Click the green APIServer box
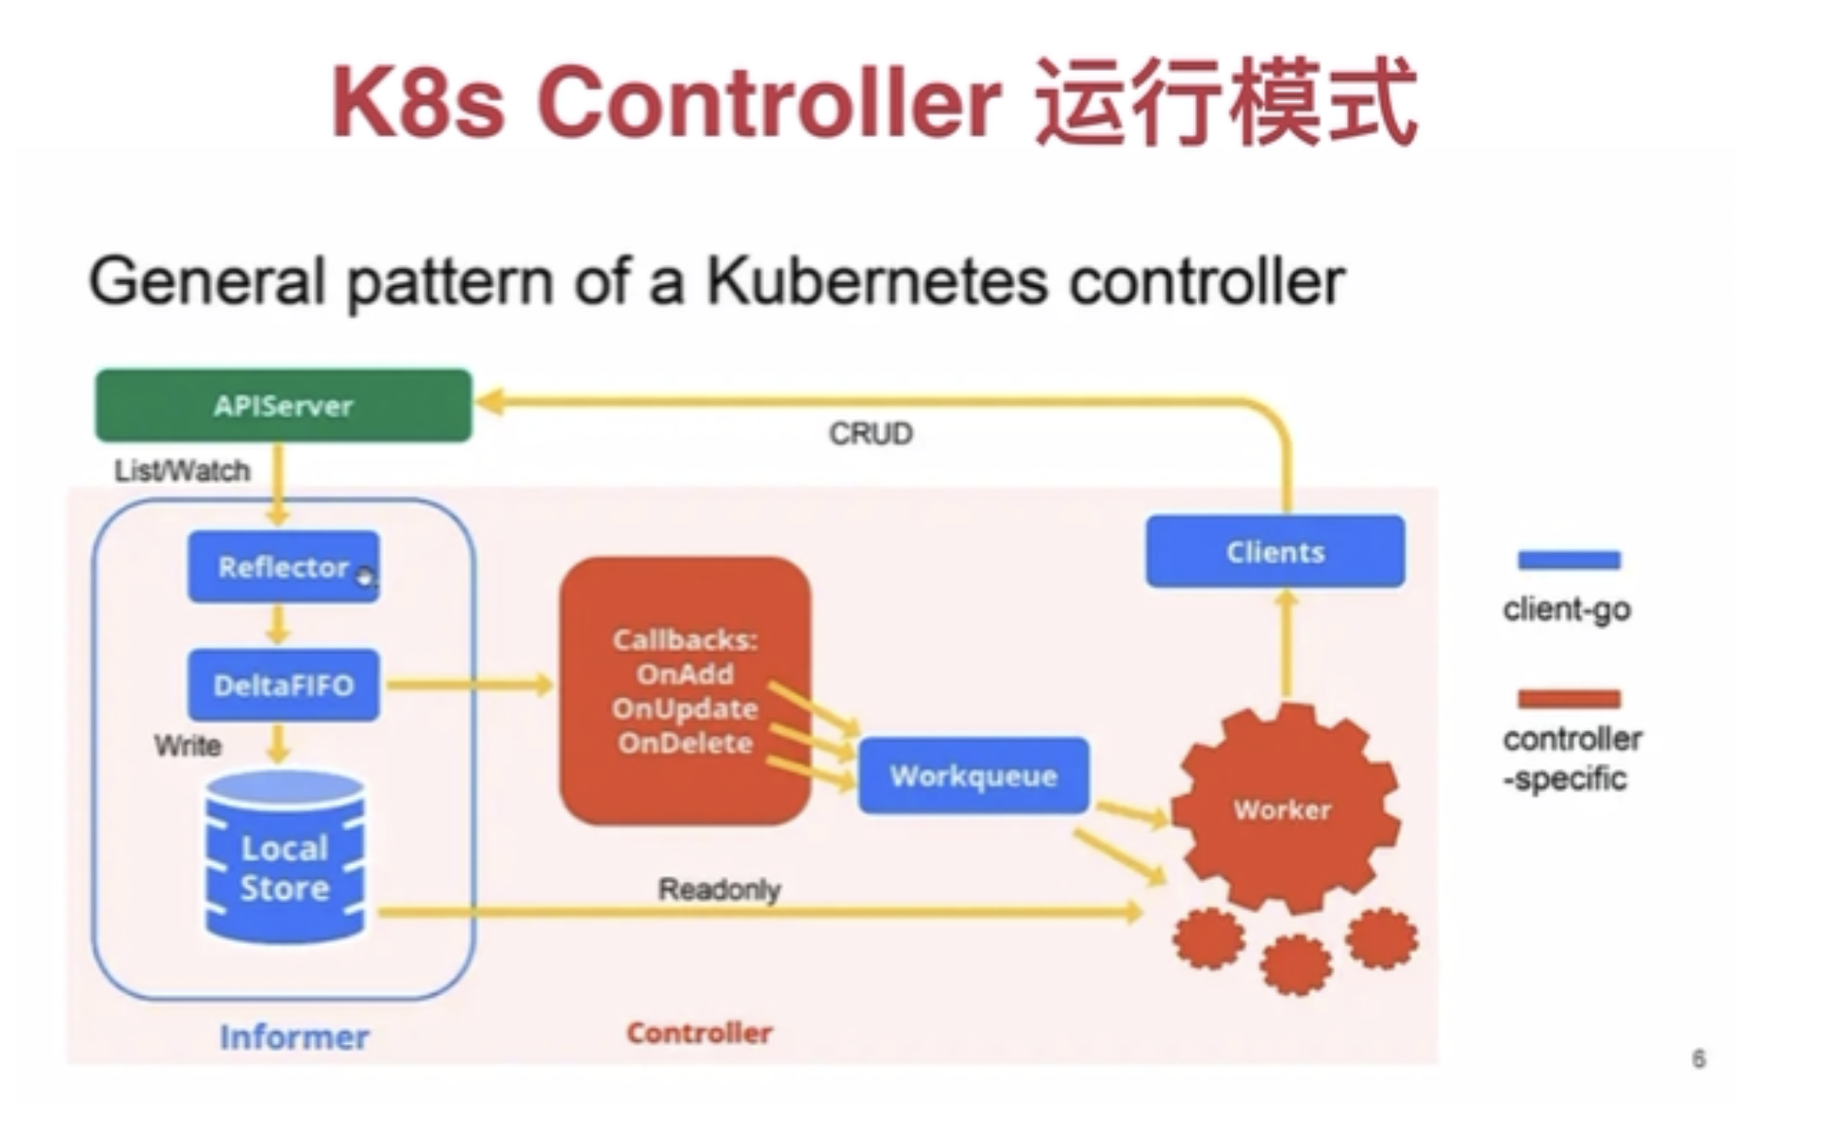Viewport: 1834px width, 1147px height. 283,405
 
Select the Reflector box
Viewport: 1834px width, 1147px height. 283,567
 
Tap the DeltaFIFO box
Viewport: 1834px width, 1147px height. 283,685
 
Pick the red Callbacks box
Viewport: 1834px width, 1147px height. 685,691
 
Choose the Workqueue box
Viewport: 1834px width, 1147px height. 973,776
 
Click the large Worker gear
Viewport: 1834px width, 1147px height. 1284,809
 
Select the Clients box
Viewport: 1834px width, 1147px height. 1275,552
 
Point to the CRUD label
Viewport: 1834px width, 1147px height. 870,434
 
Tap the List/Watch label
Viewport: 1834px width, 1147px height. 182,471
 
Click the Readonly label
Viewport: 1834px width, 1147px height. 720,889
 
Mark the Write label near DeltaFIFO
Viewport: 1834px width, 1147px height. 188,747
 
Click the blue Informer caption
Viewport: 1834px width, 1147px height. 294,1037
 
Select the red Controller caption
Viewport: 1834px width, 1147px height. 699,1032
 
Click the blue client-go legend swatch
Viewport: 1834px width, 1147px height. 1569,561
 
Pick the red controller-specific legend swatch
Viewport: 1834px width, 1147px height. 1569,699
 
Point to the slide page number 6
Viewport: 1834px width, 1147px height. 1698,1059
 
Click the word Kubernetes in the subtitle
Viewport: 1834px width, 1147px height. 876,281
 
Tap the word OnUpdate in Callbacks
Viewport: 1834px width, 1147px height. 685,709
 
